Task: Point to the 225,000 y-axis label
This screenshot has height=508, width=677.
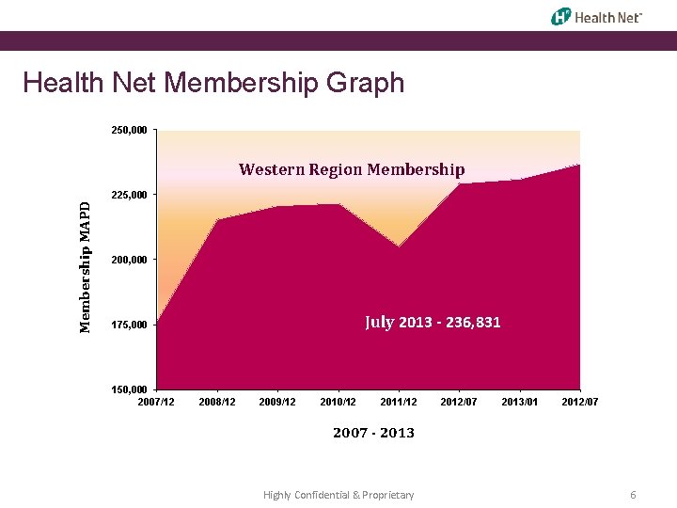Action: pyautogui.click(x=129, y=195)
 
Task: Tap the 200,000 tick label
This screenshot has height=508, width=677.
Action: pyautogui.click(x=129, y=260)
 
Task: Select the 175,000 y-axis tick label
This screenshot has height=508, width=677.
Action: pyautogui.click(x=129, y=325)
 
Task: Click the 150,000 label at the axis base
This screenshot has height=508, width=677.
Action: pyautogui.click(x=129, y=389)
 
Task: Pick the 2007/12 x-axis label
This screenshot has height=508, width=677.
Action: pyautogui.click(x=156, y=403)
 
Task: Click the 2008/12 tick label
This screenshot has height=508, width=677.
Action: pyautogui.click(x=217, y=403)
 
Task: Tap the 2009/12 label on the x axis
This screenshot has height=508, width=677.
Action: pyautogui.click(x=277, y=403)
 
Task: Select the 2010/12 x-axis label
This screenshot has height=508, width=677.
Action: pyautogui.click(x=338, y=403)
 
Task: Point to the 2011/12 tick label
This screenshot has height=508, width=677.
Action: pyautogui.click(x=399, y=403)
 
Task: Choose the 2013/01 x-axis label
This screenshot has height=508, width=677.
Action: pyautogui.click(x=519, y=403)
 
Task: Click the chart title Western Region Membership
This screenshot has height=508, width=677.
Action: pyautogui.click(x=352, y=169)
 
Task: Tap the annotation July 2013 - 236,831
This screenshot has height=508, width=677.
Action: pyautogui.click(x=433, y=322)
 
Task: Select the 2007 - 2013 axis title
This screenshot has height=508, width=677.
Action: pyautogui.click(x=373, y=433)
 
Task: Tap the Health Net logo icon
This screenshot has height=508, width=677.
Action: pyautogui.click(x=561, y=16)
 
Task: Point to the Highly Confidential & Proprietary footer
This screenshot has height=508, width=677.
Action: pyautogui.click(x=338, y=495)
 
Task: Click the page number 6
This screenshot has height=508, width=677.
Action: pyautogui.click(x=634, y=495)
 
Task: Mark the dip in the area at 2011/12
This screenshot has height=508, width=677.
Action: pyautogui.click(x=399, y=247)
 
